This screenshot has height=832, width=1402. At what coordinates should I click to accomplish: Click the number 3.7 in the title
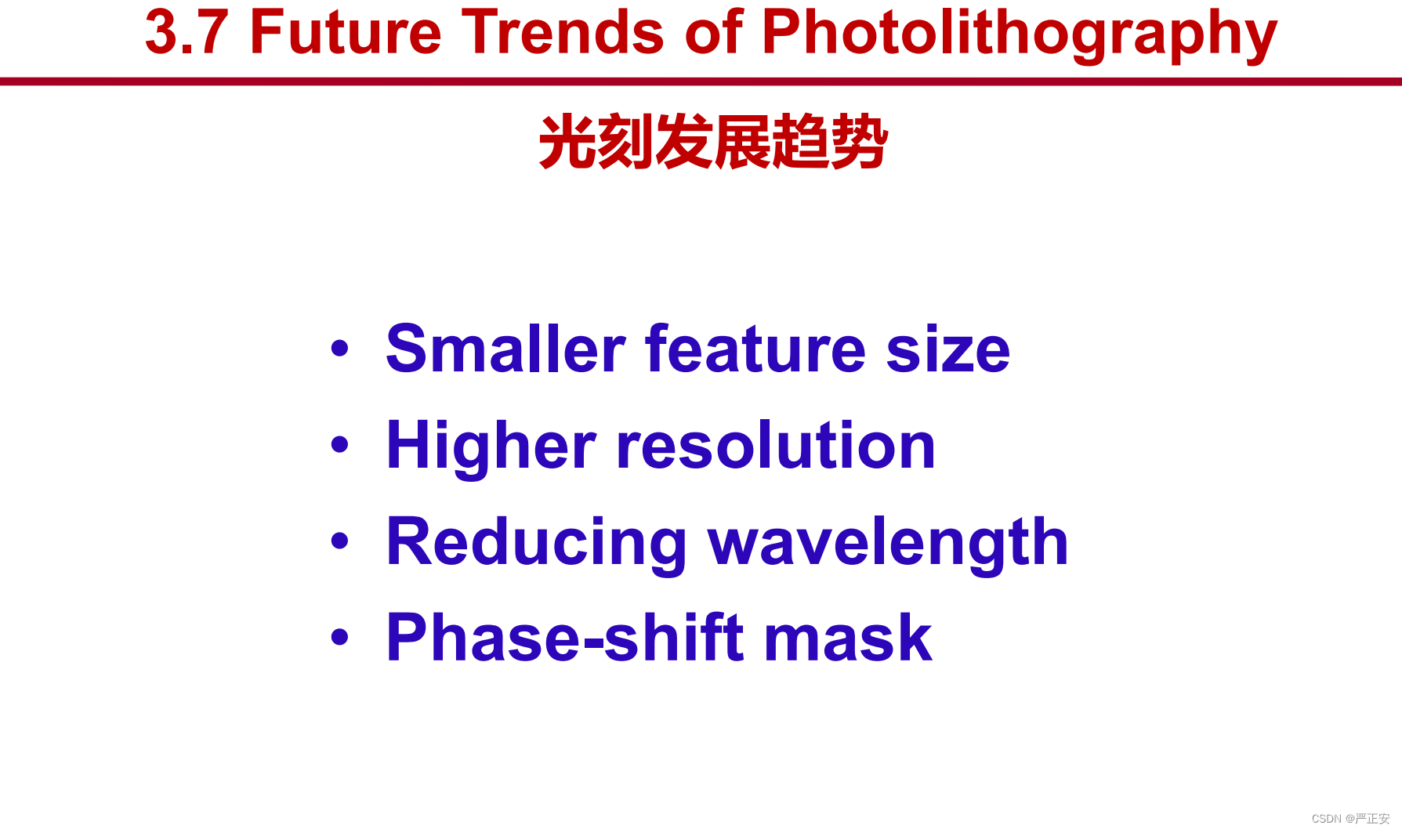pos(187,33)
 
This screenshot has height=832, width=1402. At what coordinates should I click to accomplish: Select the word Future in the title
pos(346,33)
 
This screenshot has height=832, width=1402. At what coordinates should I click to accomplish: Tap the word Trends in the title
pos(563,33)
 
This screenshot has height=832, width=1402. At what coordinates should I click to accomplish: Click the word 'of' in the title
pos(714,32)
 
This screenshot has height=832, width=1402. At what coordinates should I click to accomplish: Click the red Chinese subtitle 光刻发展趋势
pos(713,142)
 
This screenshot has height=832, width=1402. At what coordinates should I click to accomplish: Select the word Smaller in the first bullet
pos(505,349)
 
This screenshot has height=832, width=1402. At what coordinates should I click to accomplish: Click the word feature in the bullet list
pos(755,349)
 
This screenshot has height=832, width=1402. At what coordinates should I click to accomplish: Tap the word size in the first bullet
pos(948,349)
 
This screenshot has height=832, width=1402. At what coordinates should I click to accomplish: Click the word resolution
pos(776,445)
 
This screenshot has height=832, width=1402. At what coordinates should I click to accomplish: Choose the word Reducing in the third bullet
pos(537,543)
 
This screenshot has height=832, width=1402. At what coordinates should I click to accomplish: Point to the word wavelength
pos(889,543)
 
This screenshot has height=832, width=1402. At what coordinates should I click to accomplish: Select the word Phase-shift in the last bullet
pos(565,638)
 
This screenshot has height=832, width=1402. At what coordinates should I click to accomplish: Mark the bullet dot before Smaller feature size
pos(339,348)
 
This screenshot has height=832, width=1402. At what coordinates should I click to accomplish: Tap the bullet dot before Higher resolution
pos(339,444)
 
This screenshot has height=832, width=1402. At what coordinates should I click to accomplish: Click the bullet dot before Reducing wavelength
pos(339,541)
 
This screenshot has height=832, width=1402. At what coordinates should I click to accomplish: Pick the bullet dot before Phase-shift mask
pos(339,636)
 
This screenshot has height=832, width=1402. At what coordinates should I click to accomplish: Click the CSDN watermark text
pos(1350,818)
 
